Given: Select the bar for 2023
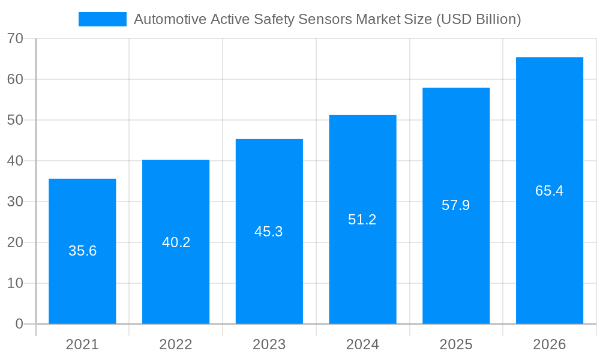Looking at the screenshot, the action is pyautogui.click(x=269, y=276).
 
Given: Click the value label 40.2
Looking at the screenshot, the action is pyautogui.click(x=176, y=242).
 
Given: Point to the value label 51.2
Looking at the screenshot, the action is pyautogui.click(x=362, y=220).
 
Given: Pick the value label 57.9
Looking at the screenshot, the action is pyautogui.click(x=455, y=205).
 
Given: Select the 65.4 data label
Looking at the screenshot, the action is pyautogui.click(x=549, y=191).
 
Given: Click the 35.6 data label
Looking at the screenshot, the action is pyautogui.click(x=82, y=251).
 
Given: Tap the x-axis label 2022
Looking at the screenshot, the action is pyautogui.click(x=176, y=344).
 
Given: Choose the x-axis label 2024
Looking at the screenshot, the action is pyautogui.click(x=362, y=344).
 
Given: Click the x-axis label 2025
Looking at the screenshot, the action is pyautogui.click(x=456, y=344).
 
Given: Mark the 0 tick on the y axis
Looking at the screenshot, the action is pyautogui.click(x=19, y=324).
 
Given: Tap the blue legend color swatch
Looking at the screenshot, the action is pyautogui.click(x=103, y=19).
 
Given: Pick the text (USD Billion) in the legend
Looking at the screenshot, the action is pyautogui.click(x=478, y=19).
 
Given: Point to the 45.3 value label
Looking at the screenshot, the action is pyautogui.click(x=269, y=232).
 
